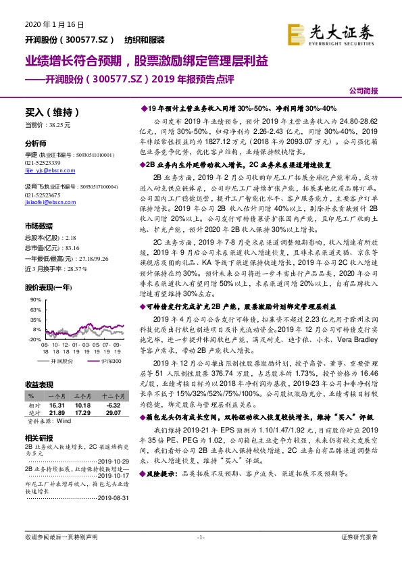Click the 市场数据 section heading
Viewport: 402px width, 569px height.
click(x=39, y=225)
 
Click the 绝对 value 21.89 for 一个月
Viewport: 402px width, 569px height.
click(x=57, y=412)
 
